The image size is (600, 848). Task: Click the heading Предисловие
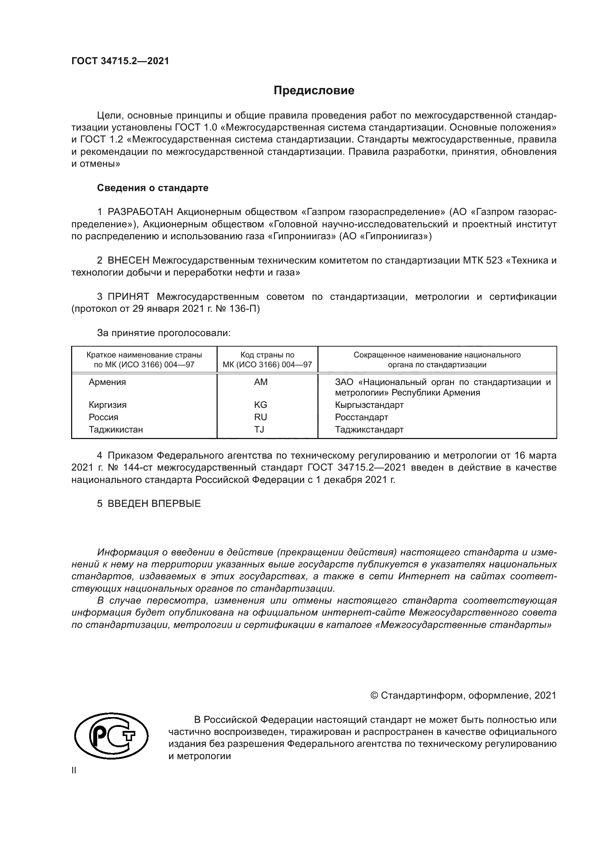pyautogui.click(x=314, y=91)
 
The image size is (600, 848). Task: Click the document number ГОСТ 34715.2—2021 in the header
pyautogui.click(x=120, y=61)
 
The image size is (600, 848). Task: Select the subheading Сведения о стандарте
pyautogui.click(x=153, y=188)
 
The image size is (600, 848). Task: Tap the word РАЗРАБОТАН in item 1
pyautogui.click(x=140, y=212)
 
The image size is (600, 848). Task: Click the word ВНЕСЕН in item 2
pyautogui.click(x=128, y=261)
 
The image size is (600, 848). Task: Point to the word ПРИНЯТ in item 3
pyautogui.click(x=128, y=297)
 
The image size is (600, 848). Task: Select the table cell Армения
pyautogui.click(x=107, y=382)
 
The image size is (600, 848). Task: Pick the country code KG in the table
pyautogui.click(x=260, y=405)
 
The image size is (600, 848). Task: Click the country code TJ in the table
pyautogui.click(x=259, y=430)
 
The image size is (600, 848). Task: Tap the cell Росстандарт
pyautogui.click(x=361, y=417)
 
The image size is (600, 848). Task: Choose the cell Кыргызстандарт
pyautogui.click(x=369, y=405)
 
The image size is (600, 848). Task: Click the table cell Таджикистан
pyautogui.click(x=116, y=430)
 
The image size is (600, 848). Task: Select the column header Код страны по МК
pyautogui.click(x=267, y=360)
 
